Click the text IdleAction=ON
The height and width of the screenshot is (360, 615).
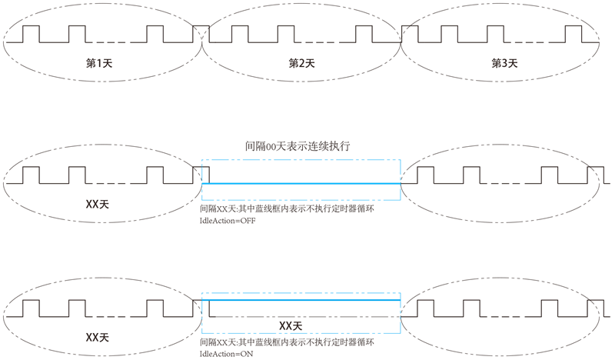(x=226, y=354)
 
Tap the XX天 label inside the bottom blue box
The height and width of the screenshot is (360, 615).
(x=291, y=325)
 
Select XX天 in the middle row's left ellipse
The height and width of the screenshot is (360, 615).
(x=97, y=207)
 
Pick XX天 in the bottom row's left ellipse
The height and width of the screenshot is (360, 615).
(x=97, y=338)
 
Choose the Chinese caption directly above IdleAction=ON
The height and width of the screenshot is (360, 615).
(x=286, y=342)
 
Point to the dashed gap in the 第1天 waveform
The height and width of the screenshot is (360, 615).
(x=112, y=42)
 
